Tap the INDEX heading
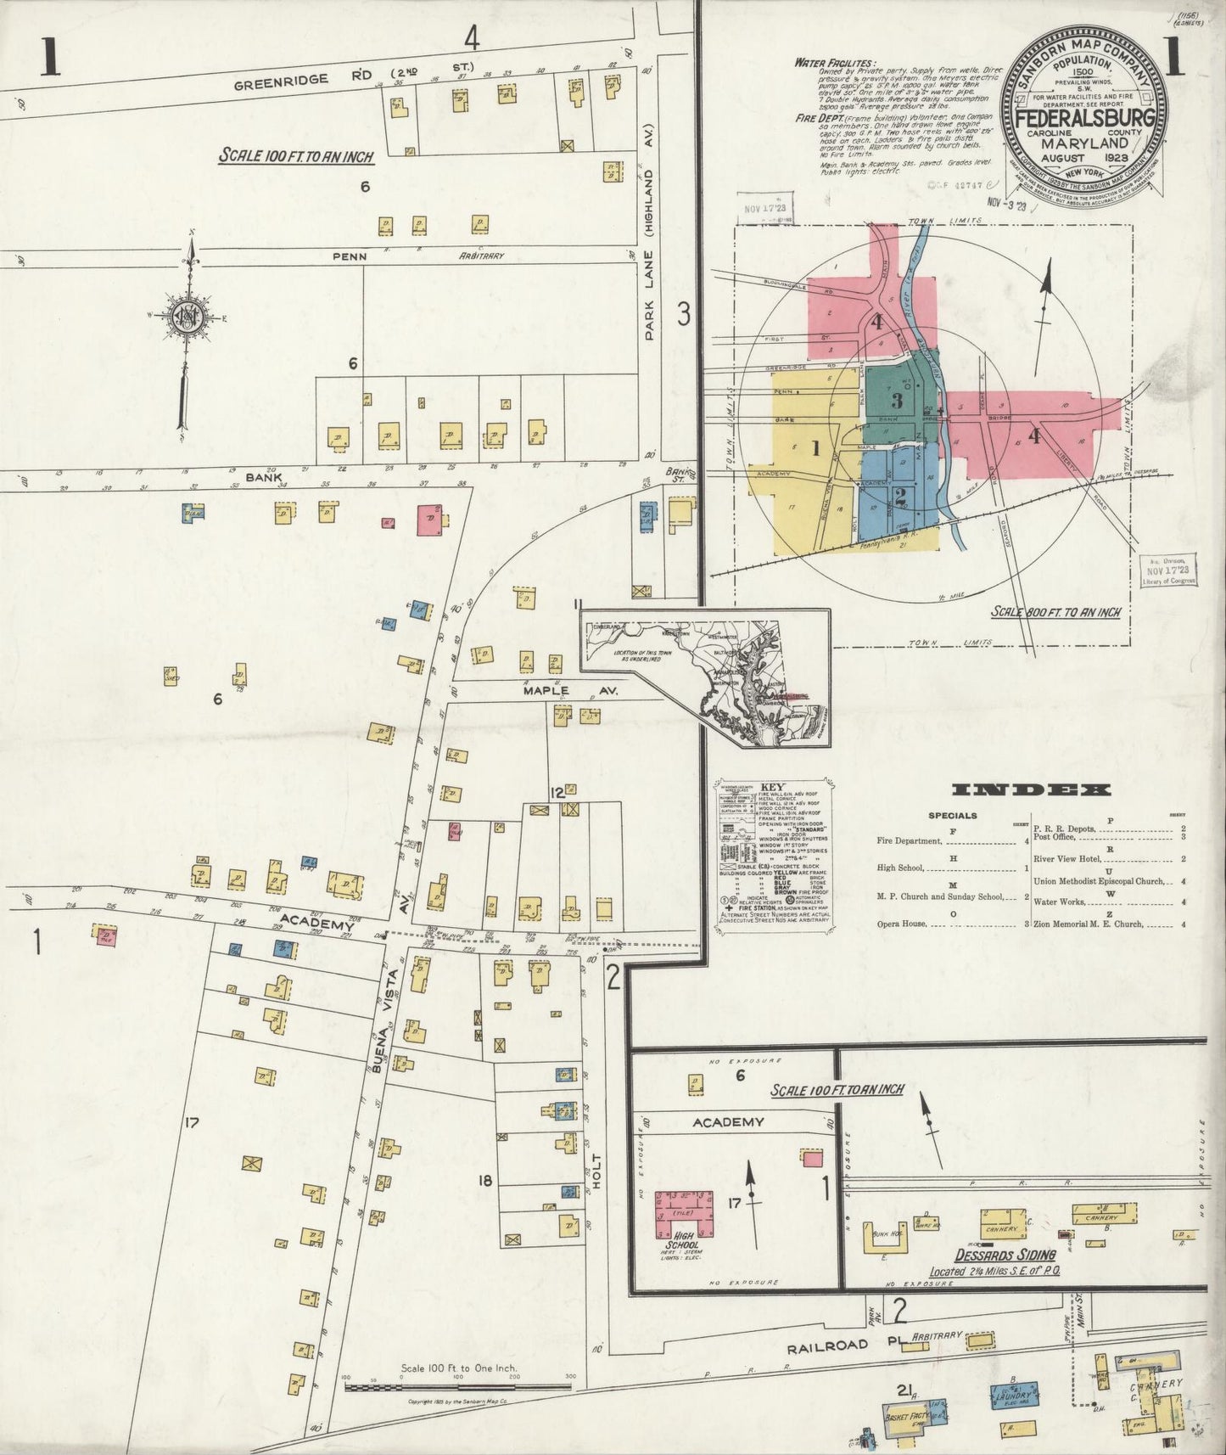1031,790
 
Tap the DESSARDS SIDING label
1005,1256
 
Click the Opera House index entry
903,924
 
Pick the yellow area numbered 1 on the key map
815,449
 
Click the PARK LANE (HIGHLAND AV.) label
651,259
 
